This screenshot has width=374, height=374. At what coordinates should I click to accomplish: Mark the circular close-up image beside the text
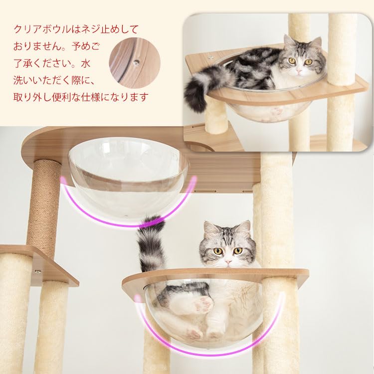point(135,63)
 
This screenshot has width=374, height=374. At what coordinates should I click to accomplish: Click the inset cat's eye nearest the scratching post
point(309,62)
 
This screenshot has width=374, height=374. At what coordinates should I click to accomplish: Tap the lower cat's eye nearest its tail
point(218,251)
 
